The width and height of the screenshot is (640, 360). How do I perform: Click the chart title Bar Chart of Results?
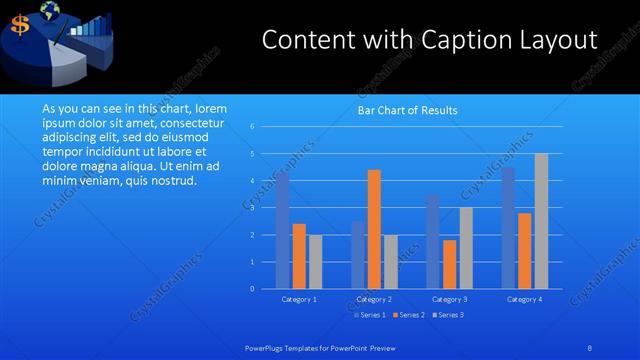pyautogui.click(x=407, y=110)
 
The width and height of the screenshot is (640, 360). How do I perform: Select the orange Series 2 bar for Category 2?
pyautogui.click(x=374, y=229)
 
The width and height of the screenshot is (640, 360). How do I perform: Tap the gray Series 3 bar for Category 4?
pyautogui.click(x=541, y=221)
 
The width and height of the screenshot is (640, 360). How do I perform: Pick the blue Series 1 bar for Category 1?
pyautogui.click(x=283, y=230)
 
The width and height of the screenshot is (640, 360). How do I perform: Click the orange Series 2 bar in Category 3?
pyautogui.click(x=449, y=264)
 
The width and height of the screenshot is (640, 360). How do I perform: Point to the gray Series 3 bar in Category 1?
pyautogui.click(x=315, y=261)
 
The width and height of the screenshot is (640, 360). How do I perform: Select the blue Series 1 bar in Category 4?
pyautogui.click(x=508, y=228)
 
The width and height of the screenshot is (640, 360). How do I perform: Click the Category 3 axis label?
pyautogui.click(x=449, y=299)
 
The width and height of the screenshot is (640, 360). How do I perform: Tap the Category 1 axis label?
pyautogui.click(x=299, y=299)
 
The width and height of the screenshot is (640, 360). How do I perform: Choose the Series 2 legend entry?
pyautogui.click(x=409, y=315)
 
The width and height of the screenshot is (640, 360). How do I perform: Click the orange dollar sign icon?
pyautogui.click(x=19, y=27)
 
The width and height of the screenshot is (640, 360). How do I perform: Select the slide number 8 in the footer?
pyautogui.click(x=590, y=347)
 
